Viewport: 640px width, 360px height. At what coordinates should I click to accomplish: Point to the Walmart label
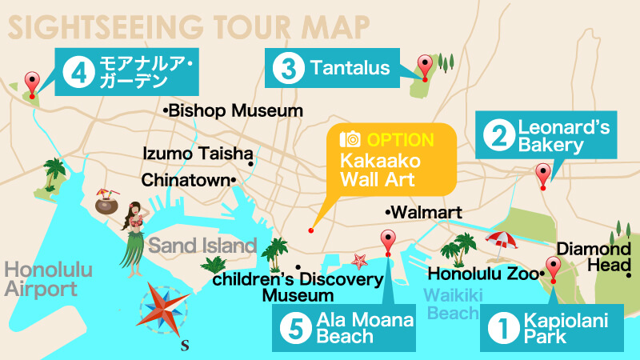point(425,213)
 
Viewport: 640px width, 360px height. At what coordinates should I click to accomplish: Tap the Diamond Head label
point(594,257)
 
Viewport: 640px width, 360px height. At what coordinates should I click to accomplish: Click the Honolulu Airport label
point(41,278)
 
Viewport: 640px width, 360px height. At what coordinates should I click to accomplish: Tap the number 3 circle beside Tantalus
point(285,68)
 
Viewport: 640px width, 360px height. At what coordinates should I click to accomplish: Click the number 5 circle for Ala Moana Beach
point(295,328)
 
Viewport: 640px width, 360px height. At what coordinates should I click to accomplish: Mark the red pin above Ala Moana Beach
point(388,241)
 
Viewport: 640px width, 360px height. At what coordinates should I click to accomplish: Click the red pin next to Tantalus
point(426,66)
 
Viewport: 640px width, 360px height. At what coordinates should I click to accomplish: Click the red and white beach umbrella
point(502,241)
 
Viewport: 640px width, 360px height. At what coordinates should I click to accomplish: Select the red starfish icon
point(359,260)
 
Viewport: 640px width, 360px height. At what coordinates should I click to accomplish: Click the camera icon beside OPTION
point(350,140)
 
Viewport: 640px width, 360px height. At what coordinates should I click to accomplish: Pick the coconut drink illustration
point(107,202)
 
